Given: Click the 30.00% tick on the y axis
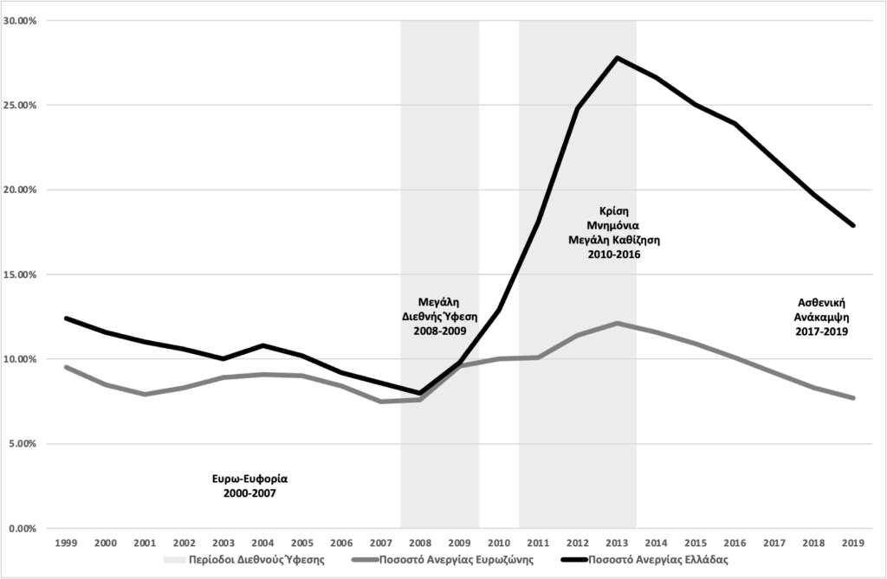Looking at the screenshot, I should tap(20, 20).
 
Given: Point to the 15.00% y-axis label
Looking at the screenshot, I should tap(20, 274).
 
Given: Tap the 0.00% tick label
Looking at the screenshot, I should tap(22, 528).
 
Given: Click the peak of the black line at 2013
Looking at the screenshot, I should tap(617, 58).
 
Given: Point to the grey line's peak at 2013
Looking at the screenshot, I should tap(617, 323).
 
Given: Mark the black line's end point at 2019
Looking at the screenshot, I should tap(854, 226).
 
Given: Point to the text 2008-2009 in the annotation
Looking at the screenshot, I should tap(439, 331).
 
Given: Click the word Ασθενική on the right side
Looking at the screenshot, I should tap(822, 303).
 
